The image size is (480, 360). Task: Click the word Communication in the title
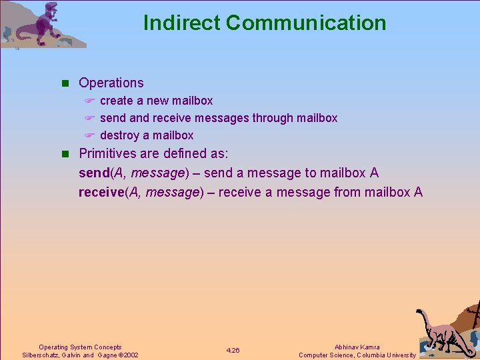point(306,23)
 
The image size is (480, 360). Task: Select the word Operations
point(111,83)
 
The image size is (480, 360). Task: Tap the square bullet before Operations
point(65,83)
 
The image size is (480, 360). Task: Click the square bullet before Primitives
point(65,153)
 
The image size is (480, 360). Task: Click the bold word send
point(94,173)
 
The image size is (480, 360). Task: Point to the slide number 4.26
point(233,351)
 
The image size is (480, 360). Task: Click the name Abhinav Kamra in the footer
point(357,347)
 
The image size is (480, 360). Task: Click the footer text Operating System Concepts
point(80,347)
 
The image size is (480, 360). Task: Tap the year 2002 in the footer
point(131,355)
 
